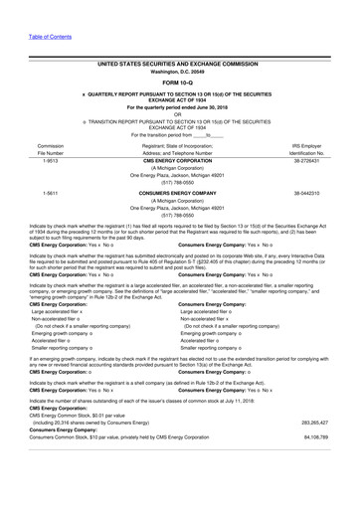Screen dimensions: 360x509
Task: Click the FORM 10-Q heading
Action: pyautogui.click(x=179, y=82)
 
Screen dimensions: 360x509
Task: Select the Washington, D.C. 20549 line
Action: pyautogui.click(x=179, y=72)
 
